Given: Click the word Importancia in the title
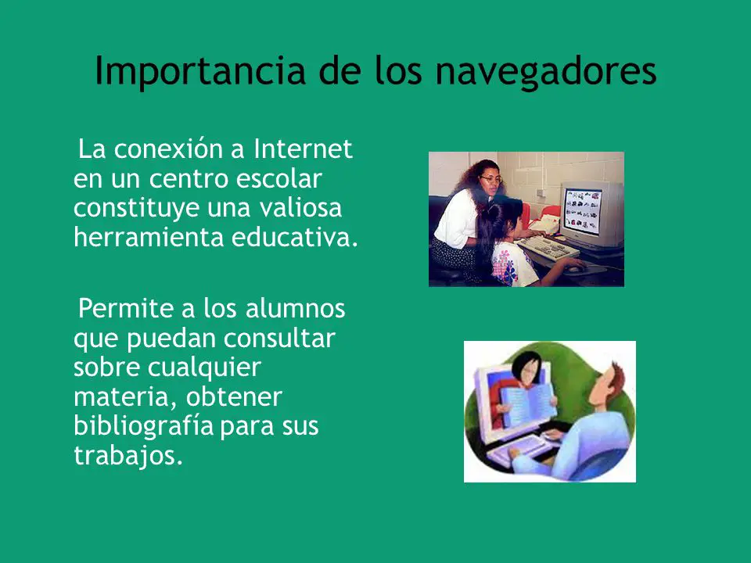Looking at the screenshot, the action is point(200,71).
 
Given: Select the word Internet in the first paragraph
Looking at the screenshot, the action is point(304,149).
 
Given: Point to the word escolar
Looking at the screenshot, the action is point(278,178).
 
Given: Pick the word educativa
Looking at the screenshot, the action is point(295,237).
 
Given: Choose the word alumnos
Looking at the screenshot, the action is point(295,309).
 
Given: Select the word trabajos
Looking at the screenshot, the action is point(128,455).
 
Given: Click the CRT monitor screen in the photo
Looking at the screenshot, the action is point(582,210).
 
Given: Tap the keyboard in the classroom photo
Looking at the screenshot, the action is point(548,248).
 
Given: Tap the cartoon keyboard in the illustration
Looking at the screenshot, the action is point(519,449).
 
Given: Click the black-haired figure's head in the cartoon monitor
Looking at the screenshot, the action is point(526,368).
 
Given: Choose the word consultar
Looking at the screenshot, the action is point(279,339).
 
